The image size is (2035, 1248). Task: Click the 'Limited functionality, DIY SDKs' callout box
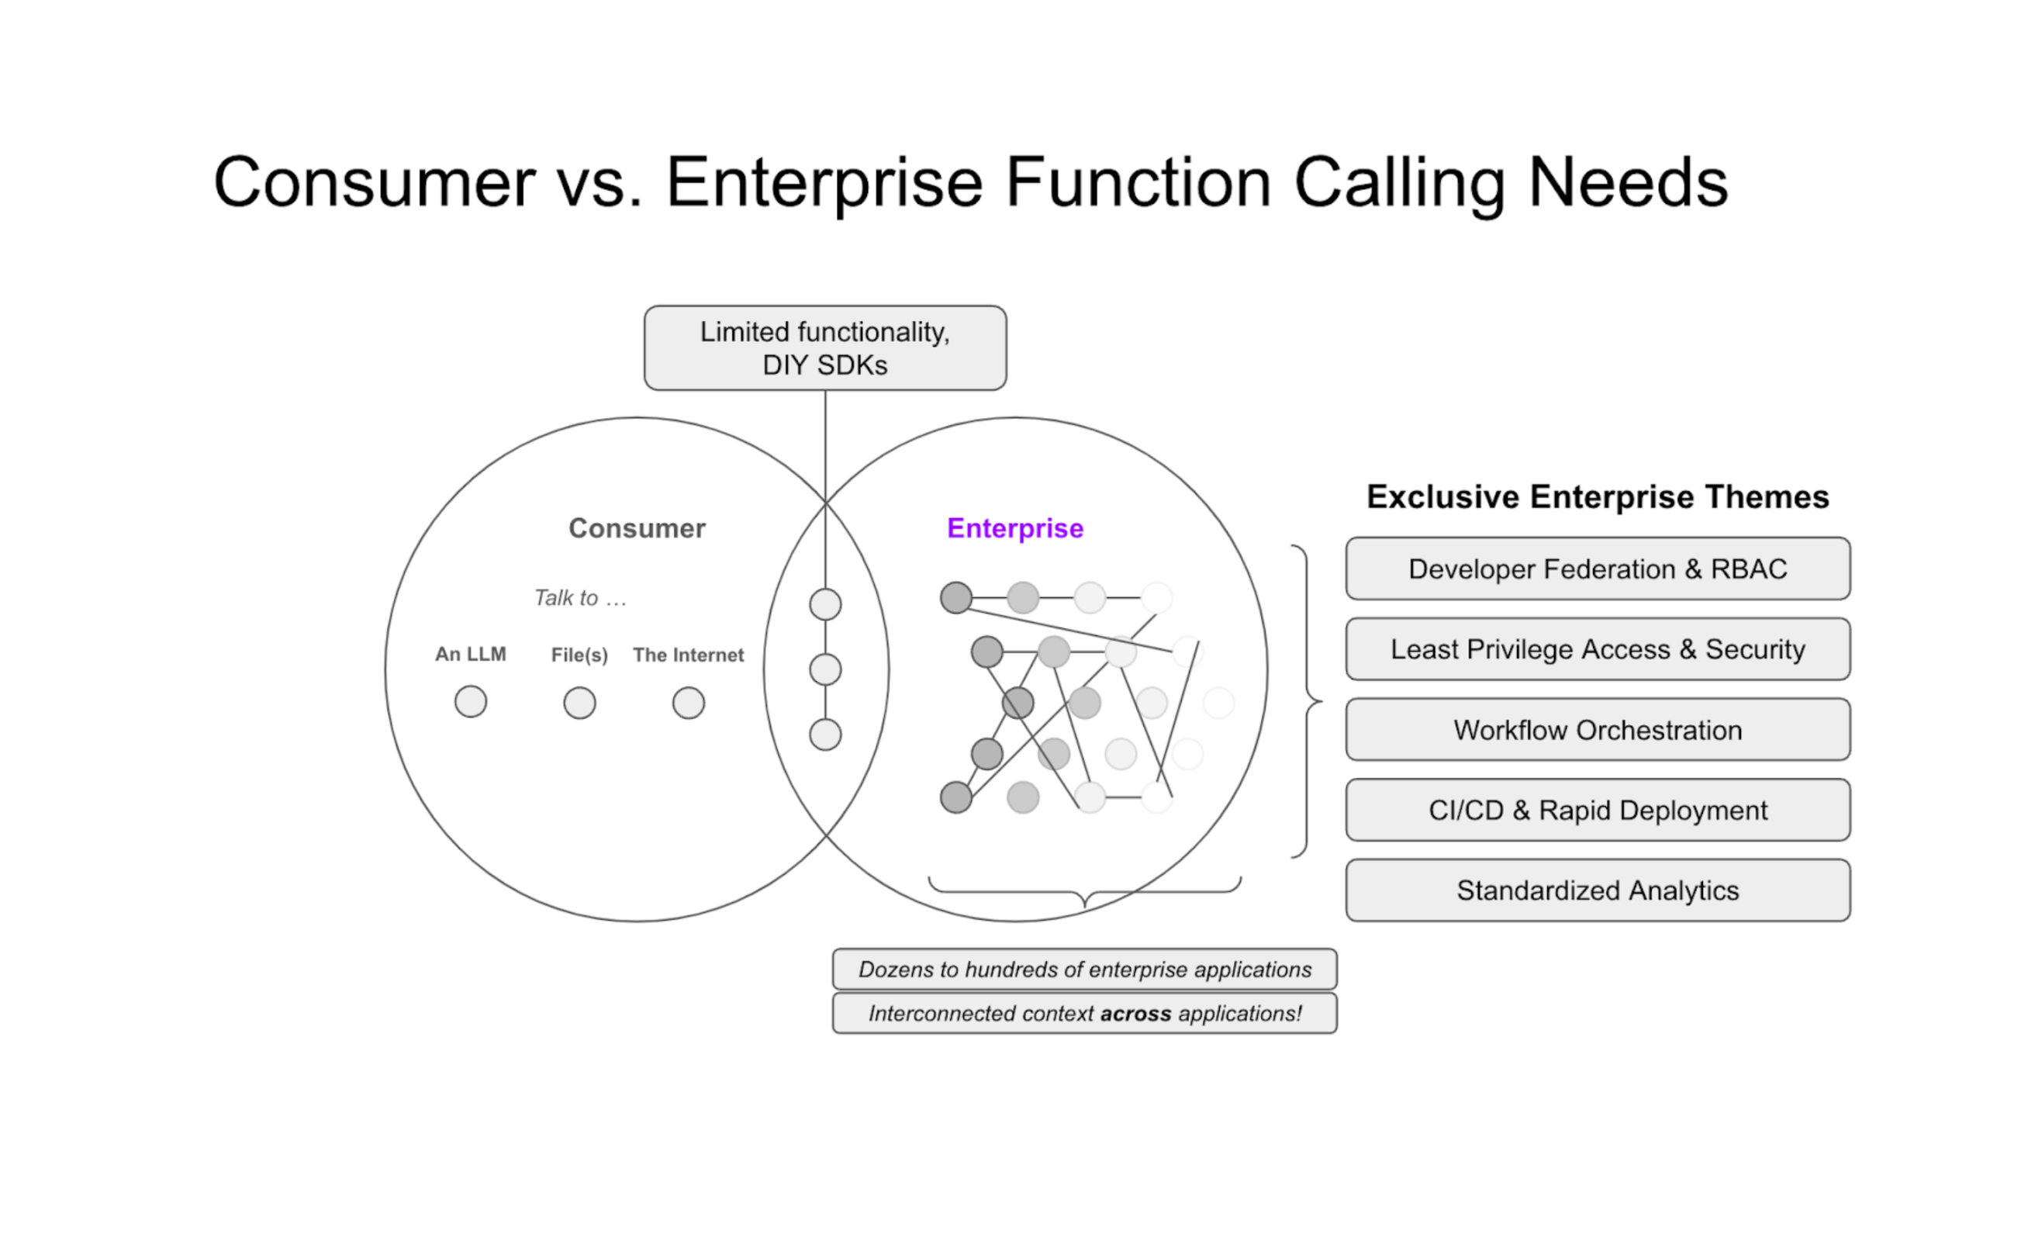[824, 347]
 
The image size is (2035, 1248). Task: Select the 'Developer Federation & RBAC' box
[1598, 569]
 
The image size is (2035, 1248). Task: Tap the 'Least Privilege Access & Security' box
[1598, 649]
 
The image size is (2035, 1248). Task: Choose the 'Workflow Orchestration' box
[1598, 730]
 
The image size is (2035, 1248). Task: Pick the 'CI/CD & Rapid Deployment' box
[1598, 811]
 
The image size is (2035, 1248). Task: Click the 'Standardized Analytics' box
[1598, 890]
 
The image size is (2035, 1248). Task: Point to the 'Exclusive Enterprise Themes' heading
[1598, 497]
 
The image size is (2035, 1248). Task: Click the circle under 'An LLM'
[471, 702]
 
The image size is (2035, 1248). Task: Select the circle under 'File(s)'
[580, 704]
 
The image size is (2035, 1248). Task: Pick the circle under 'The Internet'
[689, 704]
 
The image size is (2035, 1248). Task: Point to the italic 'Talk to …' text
[581, 598]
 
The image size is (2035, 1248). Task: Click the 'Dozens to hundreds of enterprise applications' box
[1084, 970]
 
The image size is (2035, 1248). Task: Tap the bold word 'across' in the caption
[1135, 1015]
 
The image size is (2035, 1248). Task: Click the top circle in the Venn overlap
[825, 604]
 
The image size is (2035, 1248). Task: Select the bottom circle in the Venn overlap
[825, 735]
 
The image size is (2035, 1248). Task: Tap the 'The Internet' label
[688, 655]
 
